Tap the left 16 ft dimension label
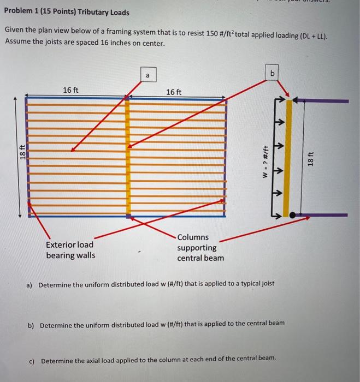pos(70,90)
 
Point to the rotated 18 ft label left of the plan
pos(21,154)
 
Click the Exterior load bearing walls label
pos(70,250)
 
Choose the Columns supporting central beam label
pos(200,247)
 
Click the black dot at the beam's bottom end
pos(293,216)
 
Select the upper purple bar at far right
pos(322,100)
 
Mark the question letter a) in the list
pos(29,284)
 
